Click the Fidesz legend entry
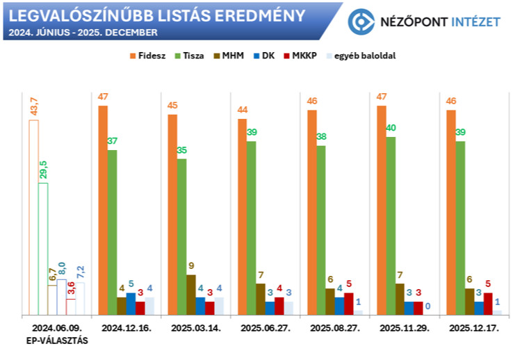(x=147, y=56)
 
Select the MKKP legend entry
(x=302, y=56)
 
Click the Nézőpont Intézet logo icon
(x=361, y=22)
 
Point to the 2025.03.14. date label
(x=195, y=327)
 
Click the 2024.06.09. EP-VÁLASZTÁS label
(x=56, y=334)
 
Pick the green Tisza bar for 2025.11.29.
(x=391, y=226)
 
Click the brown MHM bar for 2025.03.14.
(x=191, y=295)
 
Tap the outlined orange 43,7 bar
(x=33, y=218)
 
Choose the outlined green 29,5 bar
(x=43, y=249)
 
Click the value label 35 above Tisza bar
(x=182, y=150)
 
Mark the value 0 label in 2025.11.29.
(x=427, y=306)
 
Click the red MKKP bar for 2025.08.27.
(x=349, y=304)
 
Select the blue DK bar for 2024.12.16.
(x=131, y=304)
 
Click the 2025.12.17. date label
(x=473, y=327)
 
